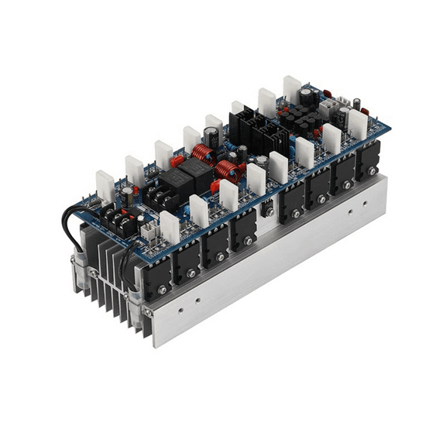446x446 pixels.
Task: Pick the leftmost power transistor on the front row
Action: click(x=157, y=275)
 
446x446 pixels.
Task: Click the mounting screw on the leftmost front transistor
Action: click(x=161, y=289)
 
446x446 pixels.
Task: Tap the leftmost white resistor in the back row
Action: click(x=105, y=187)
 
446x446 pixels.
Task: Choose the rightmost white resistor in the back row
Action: click(x=292, y=88)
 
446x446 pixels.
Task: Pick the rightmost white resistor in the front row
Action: click(x=357, y=123)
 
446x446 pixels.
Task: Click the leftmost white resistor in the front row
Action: click(x=170, y=226)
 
